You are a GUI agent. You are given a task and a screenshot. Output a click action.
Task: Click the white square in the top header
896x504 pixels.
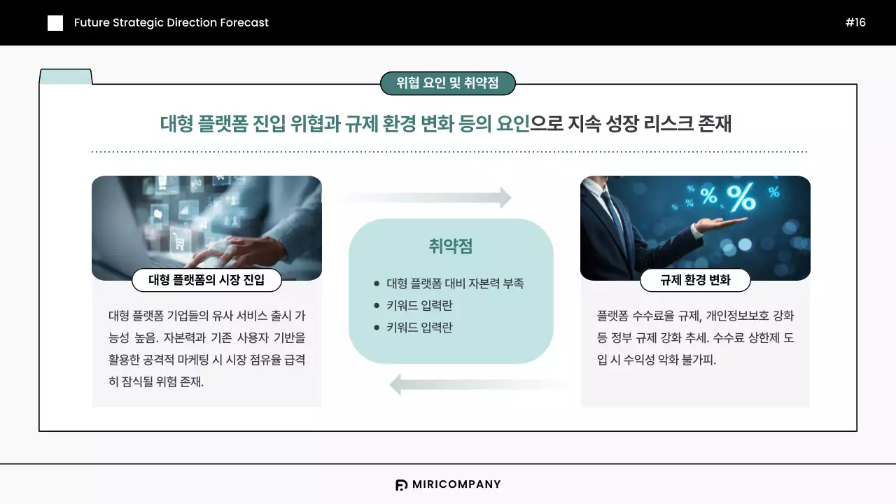(55, 23)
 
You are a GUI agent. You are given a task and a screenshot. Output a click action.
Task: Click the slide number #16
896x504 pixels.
(855, 22)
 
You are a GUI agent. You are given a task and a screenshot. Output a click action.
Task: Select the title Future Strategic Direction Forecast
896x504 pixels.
(171, 22)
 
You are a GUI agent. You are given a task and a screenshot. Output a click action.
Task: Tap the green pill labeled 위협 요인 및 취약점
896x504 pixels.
(447, 83)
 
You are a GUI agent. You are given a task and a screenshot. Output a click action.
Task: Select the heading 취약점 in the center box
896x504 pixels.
(451, 246)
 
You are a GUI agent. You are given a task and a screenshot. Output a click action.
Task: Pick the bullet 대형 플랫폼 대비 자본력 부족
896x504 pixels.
(455, 283)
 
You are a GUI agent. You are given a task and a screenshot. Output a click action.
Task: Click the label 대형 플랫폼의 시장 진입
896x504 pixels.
(206, 280)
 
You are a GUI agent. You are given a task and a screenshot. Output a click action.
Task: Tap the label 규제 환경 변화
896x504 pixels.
(695, 280)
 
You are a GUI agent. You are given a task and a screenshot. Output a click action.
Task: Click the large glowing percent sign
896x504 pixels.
(741, 198)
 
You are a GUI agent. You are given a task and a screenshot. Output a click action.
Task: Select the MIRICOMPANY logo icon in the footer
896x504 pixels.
(401, 484)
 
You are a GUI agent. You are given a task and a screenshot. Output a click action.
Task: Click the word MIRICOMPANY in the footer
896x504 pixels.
(456, 484)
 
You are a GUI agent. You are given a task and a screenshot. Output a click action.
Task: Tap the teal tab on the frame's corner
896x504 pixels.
(66, 76)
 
